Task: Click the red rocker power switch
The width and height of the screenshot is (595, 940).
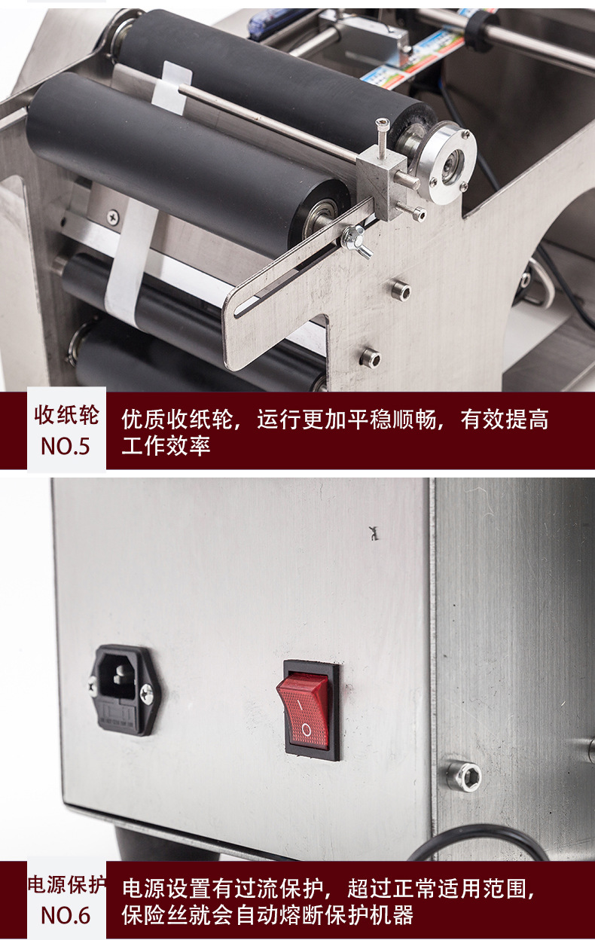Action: [x=303, y=710]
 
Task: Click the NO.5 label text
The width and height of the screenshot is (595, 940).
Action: [x=66, y=446]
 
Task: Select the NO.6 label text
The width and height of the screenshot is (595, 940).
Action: [x=66, y=915]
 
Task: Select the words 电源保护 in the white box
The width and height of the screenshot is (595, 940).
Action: [x=67, y=884]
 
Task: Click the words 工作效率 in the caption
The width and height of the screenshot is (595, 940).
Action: [x=166, y=445]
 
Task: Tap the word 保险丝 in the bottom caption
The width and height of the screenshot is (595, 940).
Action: [x=155, y=915]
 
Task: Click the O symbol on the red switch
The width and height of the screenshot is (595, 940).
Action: [x=307, y=729]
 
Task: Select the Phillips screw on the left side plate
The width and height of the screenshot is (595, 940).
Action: [x=112, y=217]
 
